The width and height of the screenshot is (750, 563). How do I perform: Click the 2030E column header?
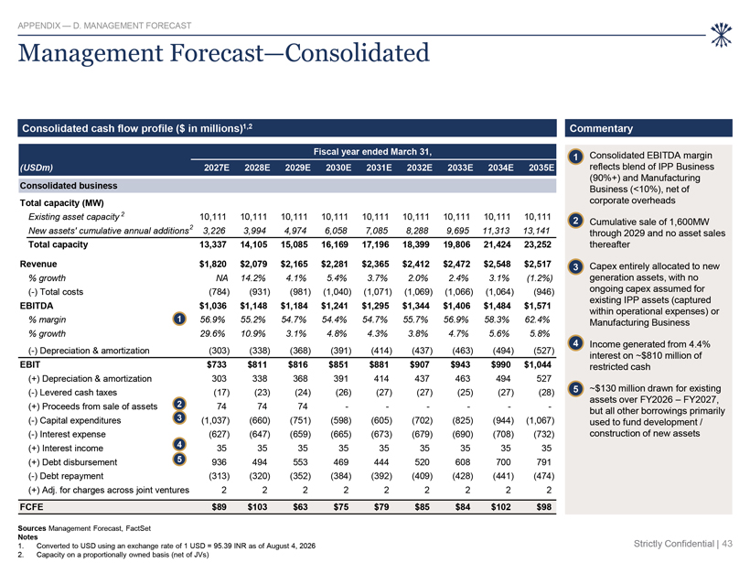coord(338,168)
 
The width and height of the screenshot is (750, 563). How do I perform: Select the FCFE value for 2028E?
coord(257,506)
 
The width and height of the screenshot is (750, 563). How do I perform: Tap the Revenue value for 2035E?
coord(538,264)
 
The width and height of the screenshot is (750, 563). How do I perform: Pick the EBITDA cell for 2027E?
coord(213,306)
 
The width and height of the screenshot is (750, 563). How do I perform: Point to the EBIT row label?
coord(30,364)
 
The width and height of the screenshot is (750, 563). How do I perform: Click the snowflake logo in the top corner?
coord(721,35)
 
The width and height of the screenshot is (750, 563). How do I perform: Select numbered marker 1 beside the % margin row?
coord(179,319)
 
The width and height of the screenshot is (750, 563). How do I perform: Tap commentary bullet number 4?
coord(576,343)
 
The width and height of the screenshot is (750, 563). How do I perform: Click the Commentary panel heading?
coord(601,128)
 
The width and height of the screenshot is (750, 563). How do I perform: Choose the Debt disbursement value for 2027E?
coord(220,462)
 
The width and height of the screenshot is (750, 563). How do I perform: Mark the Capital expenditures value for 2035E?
coord(540,420)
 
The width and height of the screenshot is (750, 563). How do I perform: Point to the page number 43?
coord(727,544)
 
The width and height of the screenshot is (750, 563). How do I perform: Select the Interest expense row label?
coord(67,434)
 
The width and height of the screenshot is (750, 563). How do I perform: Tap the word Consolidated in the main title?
coord(358,53)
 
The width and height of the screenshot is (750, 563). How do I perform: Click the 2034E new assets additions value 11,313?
coord(496,231)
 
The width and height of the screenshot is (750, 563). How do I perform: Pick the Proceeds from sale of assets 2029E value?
coord(303,406)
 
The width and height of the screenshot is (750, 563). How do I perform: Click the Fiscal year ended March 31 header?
coord(372,152)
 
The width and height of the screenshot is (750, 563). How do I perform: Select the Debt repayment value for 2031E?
coord(381,476)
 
